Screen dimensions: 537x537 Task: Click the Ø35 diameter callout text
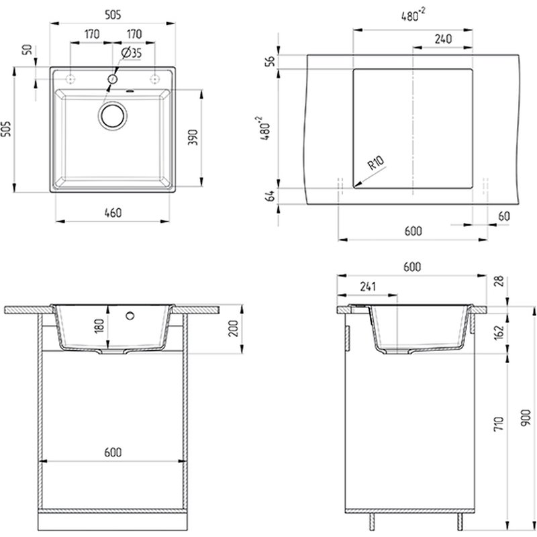click(x=131, y=53)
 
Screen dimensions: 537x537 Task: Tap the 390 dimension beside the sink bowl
click(x=193, y=137)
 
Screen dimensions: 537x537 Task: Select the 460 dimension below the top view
click(x=113, y=213)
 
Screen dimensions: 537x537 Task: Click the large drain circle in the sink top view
click(x=112, y=115)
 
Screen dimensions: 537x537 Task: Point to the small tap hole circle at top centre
click(x=113, y=79)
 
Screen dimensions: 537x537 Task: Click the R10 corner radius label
click(x=376, y=162)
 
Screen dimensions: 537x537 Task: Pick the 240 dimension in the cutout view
click(x=443, y=39)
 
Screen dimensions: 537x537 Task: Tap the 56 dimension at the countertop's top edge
click(x=271, y=61)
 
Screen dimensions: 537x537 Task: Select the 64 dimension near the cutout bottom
click(x=271, y=196)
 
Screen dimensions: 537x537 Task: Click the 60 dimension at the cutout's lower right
click(x=504, y=216)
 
